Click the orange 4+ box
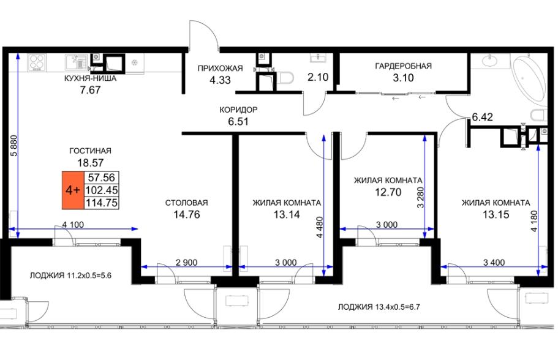tap(73, 190)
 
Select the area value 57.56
tap(102, 177)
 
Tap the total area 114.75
tap(102, 203)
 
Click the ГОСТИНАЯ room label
tap(91, 151)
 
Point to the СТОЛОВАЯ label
tap(186, 203)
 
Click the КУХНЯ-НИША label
tap(91, 78)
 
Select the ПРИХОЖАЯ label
tap(221, 69)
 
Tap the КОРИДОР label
tap(238, 110)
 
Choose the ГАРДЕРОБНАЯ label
tap(403, 66)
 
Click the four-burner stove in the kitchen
tap(37, 62)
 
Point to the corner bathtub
tap(528, 77)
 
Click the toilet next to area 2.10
tap(285, 78)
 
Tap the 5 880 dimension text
tap(14, 146)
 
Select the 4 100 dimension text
tap(73, 225)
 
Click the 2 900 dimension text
tap(186, 263)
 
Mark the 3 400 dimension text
tap(494, 263)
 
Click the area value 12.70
tap(388, 192)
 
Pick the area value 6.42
tap(482, 117)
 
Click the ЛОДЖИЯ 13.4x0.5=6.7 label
tap(379, 307)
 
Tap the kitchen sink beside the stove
tap(76, 62)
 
